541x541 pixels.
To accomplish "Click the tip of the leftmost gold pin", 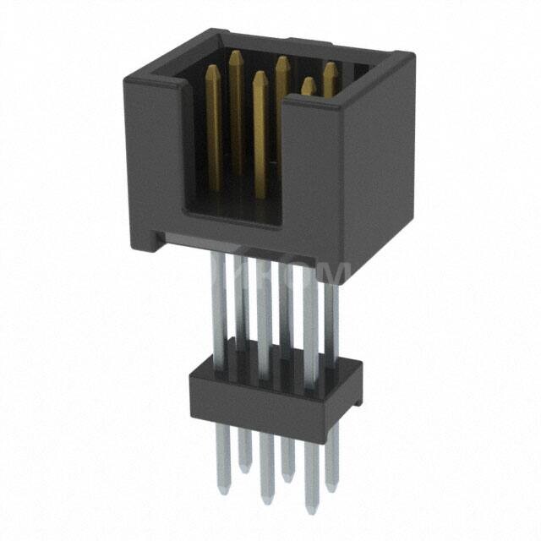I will pos(214,70).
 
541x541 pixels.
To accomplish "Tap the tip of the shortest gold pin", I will pos(309,81).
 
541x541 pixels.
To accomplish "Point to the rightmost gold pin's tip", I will pos(329,66).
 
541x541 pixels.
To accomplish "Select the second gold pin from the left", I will pos(237,110).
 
